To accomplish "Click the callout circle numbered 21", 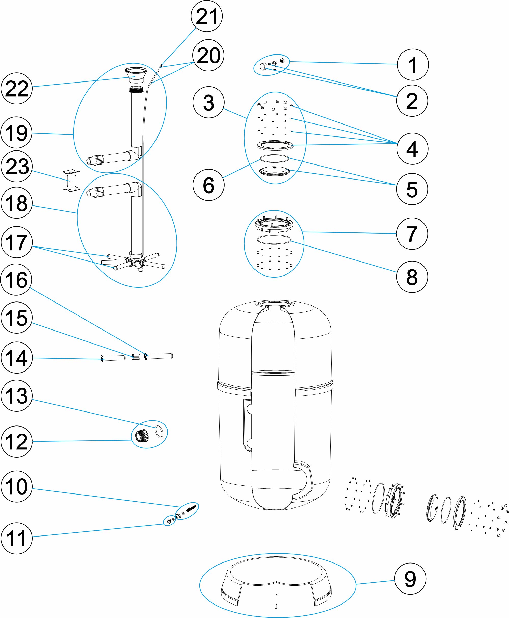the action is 207,16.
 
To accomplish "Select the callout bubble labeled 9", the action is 410,579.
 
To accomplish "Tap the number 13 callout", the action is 17,396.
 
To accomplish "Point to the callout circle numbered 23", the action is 17,166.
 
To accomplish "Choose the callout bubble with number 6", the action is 208,185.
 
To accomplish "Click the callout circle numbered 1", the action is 413,64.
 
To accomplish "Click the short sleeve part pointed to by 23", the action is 71,180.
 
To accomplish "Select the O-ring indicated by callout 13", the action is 159,432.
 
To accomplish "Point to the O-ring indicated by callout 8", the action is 274,240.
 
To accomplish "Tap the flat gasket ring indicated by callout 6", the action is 274,159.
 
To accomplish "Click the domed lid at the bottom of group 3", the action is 275,171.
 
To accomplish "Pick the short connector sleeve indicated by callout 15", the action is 135,357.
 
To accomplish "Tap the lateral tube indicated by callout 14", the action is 113,358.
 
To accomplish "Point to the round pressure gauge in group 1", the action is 264,66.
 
